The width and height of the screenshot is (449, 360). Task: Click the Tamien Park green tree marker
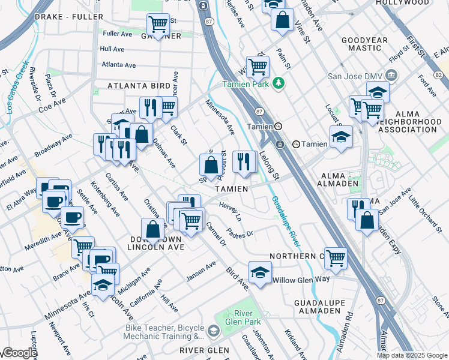[278, 83]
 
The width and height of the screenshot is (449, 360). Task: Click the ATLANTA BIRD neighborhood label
[139, 86]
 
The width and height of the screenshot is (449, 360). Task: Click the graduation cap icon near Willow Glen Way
[260, 271]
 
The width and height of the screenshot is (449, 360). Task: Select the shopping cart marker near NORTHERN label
[336, 257]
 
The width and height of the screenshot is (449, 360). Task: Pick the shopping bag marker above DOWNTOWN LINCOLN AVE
[153, 229]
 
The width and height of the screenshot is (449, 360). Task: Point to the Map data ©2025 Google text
[412, 355]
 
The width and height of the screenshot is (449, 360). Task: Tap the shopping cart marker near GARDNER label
[158, 25]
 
